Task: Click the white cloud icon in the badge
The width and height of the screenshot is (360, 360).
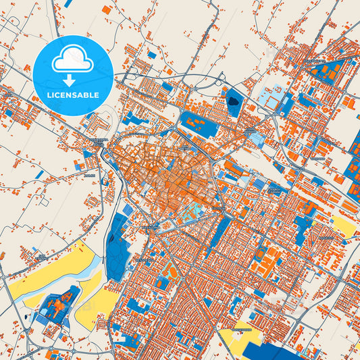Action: point(72,59)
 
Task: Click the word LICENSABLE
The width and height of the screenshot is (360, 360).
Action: point(72,95)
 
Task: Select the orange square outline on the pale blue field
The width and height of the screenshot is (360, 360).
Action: point(272,98)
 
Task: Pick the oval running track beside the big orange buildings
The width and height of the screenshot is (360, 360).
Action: point(171,272)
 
